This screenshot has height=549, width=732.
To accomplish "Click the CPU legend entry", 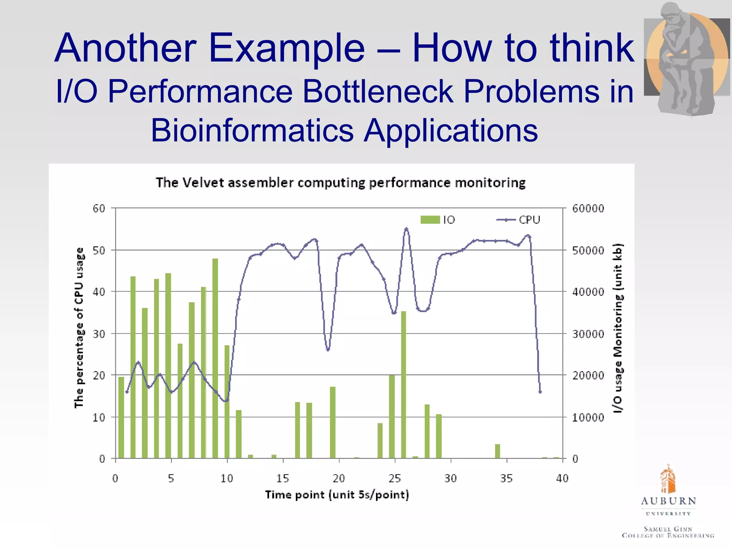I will (519, 219).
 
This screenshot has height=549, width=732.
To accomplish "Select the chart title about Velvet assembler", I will (341, 183).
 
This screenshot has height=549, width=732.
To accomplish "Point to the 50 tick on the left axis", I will (99, 250).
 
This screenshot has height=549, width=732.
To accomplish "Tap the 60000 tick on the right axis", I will (588, 208).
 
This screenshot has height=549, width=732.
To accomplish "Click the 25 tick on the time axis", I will (395, 478).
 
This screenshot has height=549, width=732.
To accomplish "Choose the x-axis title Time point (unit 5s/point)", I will (337, 495).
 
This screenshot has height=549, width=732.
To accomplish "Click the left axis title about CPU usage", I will (79, 327).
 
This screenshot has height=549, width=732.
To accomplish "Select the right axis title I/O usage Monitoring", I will (618, 327).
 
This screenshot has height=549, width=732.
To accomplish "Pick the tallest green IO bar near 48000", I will (215, 357).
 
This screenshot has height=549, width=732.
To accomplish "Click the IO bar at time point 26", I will (404, 384).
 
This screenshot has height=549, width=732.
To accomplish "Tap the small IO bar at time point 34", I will (498, 451).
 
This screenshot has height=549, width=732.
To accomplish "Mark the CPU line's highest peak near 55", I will (406, 229).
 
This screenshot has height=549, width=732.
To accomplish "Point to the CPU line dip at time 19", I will (328, 349).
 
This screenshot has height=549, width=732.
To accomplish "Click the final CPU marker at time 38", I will (540, 392).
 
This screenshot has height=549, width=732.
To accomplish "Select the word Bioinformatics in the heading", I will (252, 130).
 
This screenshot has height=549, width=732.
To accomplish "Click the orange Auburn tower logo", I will (667, 479).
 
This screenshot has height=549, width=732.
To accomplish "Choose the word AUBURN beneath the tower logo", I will (668, 501).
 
